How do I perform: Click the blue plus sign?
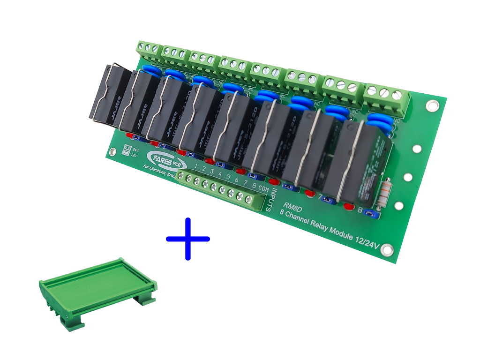[188, 239]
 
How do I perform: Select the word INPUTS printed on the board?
[269, 199]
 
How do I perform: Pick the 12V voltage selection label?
[135, 154]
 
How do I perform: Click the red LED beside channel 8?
[348, 205]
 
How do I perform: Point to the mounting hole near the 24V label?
[112, 152]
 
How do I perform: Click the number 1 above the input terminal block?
[196, 167]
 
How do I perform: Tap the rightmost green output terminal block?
[386, 99]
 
